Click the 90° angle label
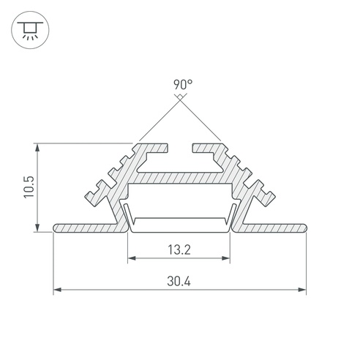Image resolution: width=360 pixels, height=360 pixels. [x=183, y=84]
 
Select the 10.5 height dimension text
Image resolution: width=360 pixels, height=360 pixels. [x=29, y=187]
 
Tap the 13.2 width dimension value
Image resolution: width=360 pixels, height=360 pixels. [x=179, y=250]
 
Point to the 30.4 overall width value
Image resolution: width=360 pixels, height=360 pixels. [x=179, y=281]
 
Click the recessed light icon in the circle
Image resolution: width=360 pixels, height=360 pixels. [x=30, y=30]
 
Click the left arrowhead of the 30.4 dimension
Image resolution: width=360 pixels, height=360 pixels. [x=57, y=290]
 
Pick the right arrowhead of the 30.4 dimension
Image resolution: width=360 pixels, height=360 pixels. [x=302, y=290]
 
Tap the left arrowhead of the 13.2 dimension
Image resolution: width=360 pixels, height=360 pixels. [x=132, y=258]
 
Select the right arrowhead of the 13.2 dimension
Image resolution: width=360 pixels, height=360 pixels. [x=226, y=258]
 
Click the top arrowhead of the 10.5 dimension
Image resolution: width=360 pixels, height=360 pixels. [x=37, y=148]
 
